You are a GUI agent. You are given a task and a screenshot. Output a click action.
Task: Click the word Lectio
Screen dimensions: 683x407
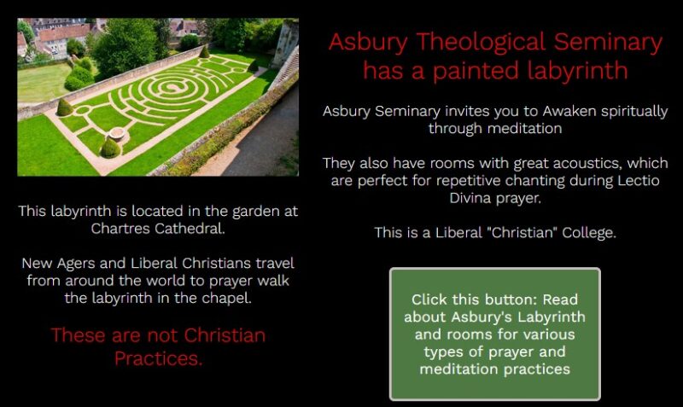coord(639,180)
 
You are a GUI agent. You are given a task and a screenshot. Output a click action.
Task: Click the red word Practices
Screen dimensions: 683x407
coord(159,358)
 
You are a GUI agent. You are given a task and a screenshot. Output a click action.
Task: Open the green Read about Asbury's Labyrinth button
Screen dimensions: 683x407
coord(495,334)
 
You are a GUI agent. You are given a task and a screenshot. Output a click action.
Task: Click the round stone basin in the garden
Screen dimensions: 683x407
coord(117,132)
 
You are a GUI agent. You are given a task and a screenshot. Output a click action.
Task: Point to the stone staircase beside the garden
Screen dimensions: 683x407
coord(285,70)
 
